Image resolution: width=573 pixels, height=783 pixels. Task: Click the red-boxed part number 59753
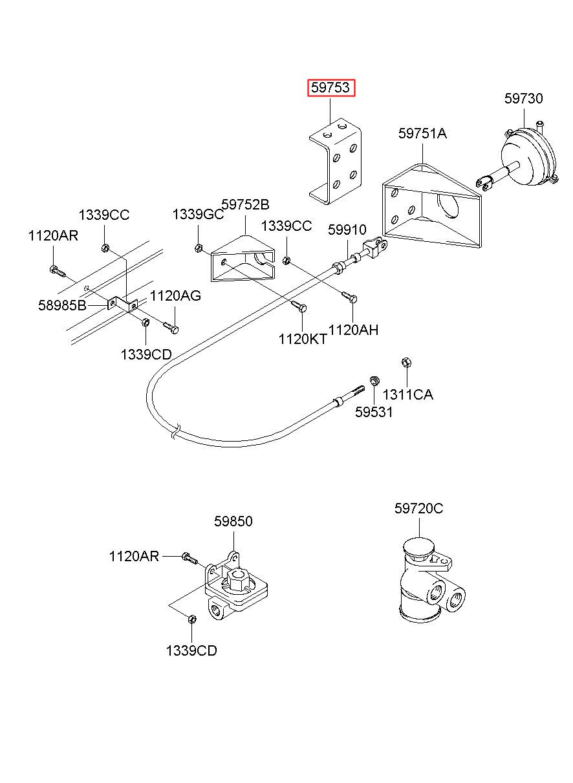(x=330, y=87)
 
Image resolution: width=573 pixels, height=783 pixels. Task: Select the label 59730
(x=523, y=98)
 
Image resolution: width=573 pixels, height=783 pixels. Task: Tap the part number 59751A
(x=422, y=134)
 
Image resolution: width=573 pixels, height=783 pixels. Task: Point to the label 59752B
(x=245, y=204)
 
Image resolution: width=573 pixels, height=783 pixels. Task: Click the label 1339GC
(x=198, y=214)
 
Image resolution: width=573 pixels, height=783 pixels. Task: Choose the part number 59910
(x=347, y=230)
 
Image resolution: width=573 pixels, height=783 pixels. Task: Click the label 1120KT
(x=303, y=339)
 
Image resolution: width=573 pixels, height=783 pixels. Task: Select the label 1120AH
(x=354, y=330)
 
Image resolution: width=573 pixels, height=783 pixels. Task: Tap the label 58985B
(x=62, y=306)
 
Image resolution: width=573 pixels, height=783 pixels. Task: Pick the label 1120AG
(x=175, y=296)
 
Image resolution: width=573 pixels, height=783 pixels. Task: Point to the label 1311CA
(x=407, y=395)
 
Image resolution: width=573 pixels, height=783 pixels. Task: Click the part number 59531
(x=374, y=413)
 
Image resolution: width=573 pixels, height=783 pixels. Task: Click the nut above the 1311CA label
(x=406, y=362)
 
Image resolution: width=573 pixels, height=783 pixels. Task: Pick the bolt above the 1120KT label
(x=299, y=306)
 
